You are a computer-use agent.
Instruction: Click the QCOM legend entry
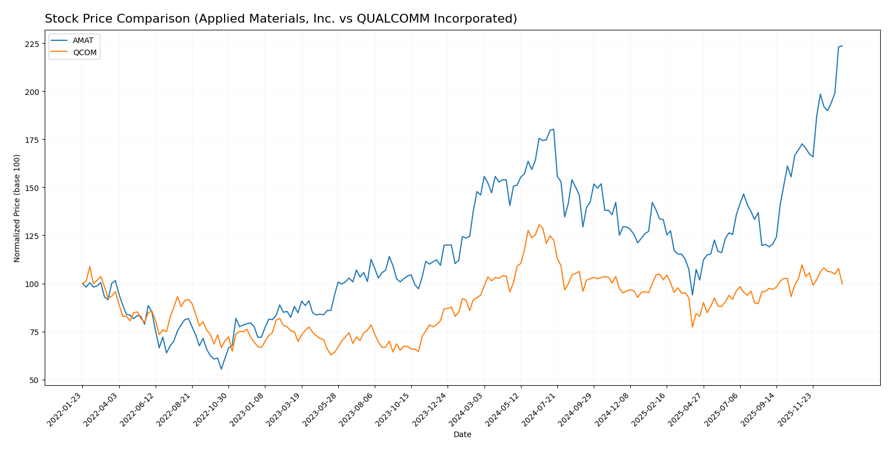[x=84, y=53]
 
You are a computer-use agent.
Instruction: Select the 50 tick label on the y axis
[x=35, y=380]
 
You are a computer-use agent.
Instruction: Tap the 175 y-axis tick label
[x=33, y=140]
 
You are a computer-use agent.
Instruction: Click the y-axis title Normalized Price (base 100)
[x=17, y=208]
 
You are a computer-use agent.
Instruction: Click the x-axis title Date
[x=462, y=435]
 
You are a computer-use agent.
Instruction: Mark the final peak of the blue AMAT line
[x=842, y=46]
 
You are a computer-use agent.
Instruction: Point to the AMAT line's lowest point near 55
[x=221, y=369]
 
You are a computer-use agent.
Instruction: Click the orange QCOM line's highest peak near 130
[x=539, y=225]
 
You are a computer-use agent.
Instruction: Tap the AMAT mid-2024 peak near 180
[x=554, y=130]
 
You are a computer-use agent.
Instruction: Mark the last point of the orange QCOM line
[x=842, y=284]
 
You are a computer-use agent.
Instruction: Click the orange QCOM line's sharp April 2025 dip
[x=693, y=327]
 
